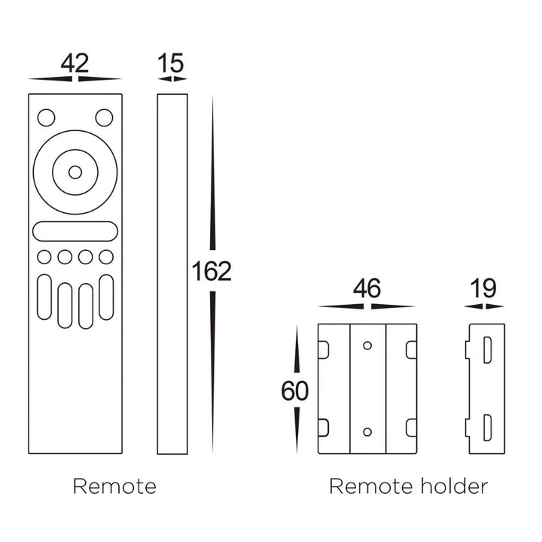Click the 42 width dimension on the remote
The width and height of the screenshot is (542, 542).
coord(75,64)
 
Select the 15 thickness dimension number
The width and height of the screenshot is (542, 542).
coord(172,64)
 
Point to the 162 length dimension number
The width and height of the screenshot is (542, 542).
coord(212,271)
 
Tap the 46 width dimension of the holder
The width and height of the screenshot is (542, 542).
coord(367,289)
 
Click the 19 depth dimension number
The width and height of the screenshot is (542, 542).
coord(484,289)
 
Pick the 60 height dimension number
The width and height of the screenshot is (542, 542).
coord(295,391)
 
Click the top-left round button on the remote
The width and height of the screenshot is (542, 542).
coord(46,117)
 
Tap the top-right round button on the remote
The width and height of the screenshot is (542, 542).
coord(104,117)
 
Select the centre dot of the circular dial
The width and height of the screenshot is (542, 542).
coord(75,172)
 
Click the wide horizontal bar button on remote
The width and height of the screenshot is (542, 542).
coord(75,231)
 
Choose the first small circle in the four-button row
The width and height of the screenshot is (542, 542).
coord(44,257)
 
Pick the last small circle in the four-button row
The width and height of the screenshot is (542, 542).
coord(106,257)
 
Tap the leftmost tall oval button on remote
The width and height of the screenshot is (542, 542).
coord(44,297)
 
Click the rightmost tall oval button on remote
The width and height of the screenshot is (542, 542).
coord(106,297)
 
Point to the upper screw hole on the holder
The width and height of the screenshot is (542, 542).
coord(367,346)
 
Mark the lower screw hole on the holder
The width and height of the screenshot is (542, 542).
coord(367,432)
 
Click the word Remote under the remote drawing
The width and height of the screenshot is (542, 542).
coord(114,486)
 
